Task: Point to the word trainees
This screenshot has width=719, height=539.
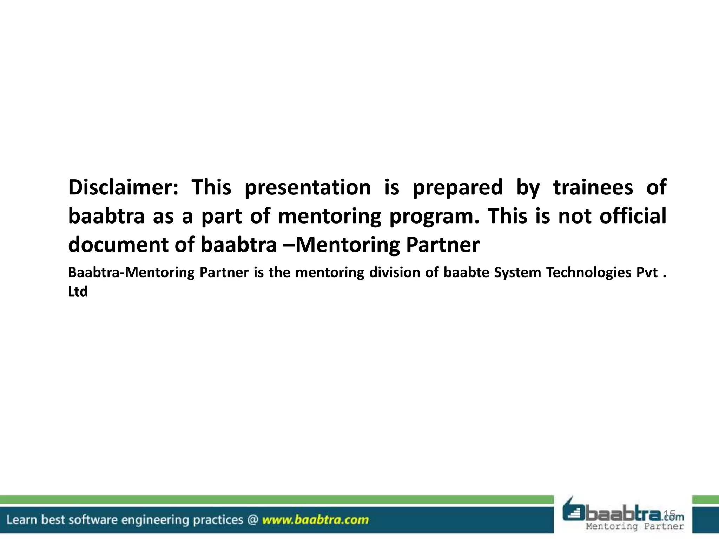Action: pos(593,187)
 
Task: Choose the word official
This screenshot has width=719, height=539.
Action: pos(633,216)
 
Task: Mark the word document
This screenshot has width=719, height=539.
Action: pos(118,245)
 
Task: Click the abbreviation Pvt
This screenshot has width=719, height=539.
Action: pos(647,273)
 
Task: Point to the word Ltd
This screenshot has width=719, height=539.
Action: pos(78,292)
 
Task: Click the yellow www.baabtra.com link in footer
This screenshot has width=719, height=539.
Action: pos(315,520)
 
